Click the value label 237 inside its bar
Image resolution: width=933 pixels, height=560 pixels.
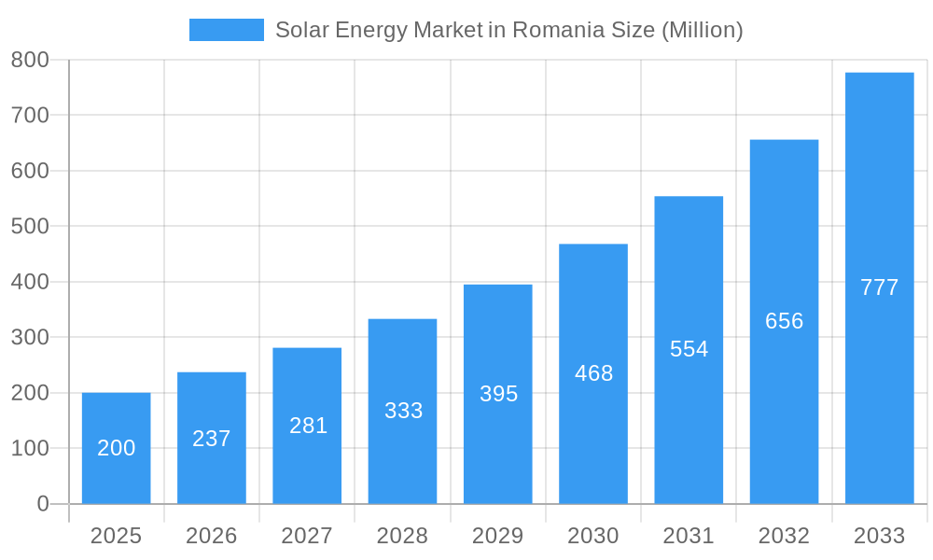[x=212, y=439]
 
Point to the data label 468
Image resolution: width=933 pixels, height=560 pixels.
[x=593, y=373]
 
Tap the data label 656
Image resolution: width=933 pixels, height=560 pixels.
[x=784, y=321]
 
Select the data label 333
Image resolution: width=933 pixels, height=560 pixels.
[x=403, y=411]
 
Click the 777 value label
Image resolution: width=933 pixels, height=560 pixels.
[x=879, y=287]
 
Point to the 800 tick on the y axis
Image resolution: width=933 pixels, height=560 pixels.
[x=30, y=60]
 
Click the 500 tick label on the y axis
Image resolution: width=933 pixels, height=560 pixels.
[x=30, y=226]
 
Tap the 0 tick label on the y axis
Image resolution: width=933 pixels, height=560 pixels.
[x=42, y=504]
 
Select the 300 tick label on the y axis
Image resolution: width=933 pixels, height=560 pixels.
[x=30, y=337]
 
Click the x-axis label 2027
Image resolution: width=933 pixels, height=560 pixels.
[x=307, y=536]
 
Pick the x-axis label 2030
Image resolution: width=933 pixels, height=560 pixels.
[x=593, y=536]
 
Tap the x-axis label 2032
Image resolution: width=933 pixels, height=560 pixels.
[x=784, y=536]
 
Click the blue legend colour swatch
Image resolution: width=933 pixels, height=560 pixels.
[x=227, y=30]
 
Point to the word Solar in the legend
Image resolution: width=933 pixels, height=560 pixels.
[x=297, y=30]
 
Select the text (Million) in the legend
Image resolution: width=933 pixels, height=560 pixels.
[x=702, y=30]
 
